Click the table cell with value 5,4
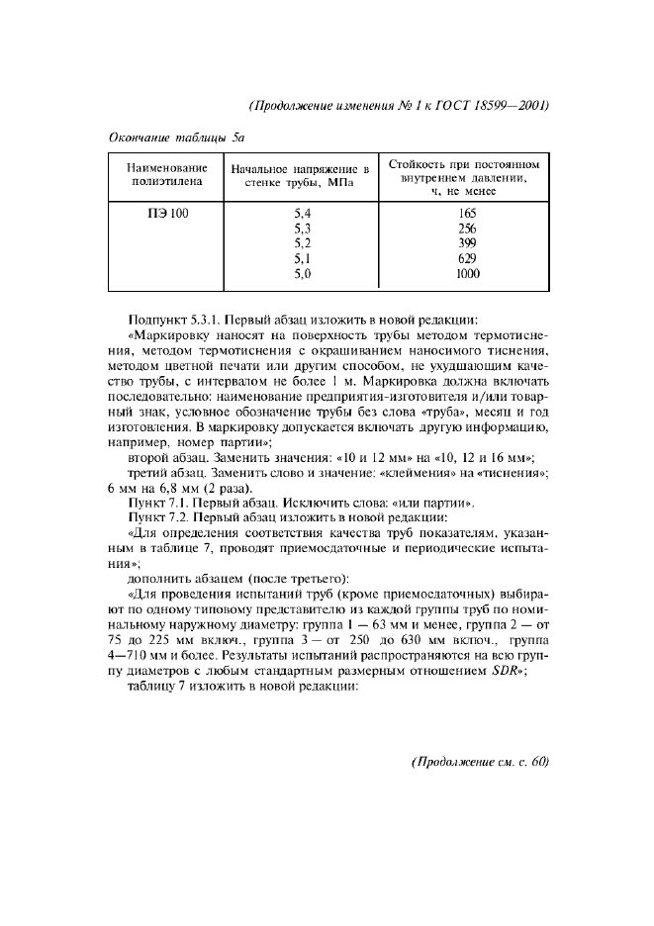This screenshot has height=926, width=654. (303, 213)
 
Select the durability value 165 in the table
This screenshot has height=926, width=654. (467, 213)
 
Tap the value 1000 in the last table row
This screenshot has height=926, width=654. (467, 274)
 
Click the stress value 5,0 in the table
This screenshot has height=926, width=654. (303, 274)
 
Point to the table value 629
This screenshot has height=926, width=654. (467, 258)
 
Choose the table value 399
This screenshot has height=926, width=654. (467, 243)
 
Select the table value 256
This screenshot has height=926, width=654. (467, 229)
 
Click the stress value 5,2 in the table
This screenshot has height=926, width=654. (303, 243)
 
